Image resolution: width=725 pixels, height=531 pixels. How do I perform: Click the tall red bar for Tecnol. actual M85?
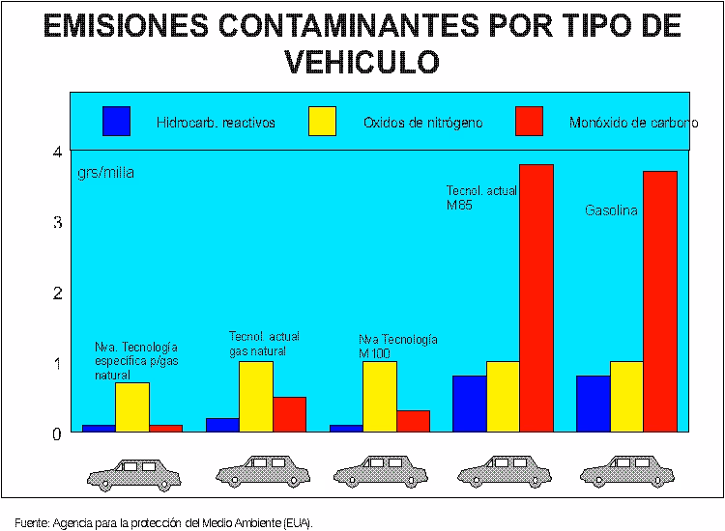point(536,298)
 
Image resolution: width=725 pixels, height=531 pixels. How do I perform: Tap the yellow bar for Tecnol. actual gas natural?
point(255,396)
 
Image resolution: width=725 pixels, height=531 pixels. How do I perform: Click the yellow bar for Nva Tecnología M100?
point(379,396)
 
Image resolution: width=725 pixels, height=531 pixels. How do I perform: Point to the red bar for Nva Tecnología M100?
point(413,421)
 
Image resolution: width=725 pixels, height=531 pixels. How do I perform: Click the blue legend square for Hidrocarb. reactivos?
point(116,122)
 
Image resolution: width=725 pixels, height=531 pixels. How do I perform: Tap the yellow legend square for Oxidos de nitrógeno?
point(322,122)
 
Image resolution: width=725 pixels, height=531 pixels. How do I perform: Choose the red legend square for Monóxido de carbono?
point(530,122)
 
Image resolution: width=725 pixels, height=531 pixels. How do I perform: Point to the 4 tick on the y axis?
point(57,152)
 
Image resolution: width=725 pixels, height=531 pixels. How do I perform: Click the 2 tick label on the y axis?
point(57,293)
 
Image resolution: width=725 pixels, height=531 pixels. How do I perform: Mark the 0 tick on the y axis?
point(57,433)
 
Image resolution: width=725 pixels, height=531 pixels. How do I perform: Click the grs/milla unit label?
point(105,173)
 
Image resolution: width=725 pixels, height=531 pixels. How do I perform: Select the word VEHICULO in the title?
point(362,62)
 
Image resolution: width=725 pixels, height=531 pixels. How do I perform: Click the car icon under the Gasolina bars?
point(615,472)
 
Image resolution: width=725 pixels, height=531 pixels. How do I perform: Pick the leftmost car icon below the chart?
point(133,472)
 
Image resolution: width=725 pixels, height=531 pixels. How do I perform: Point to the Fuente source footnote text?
point(164,522)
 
